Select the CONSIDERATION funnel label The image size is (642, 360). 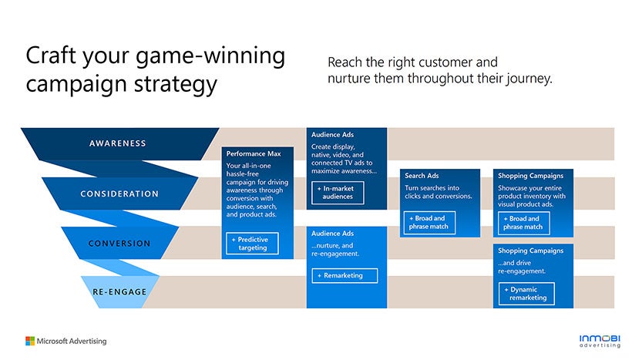click(119, 193)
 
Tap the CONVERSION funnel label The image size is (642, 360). click(119, 244)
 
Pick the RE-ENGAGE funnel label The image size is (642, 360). click(119, 292)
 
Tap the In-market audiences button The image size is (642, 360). click(338, 192)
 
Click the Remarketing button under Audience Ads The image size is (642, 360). click(345, 275)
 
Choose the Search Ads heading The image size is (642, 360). click(422, 176)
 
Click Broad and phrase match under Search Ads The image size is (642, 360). click(429, 223)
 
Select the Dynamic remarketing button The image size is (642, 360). click(526, 294)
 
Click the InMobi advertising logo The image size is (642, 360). click(597, 340)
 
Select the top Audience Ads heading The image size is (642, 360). click(332, 135)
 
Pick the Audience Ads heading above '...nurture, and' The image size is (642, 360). click(332, 234)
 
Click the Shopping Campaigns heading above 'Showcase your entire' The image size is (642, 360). click(530, 176)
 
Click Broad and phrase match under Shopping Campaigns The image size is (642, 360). click(524, 223)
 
